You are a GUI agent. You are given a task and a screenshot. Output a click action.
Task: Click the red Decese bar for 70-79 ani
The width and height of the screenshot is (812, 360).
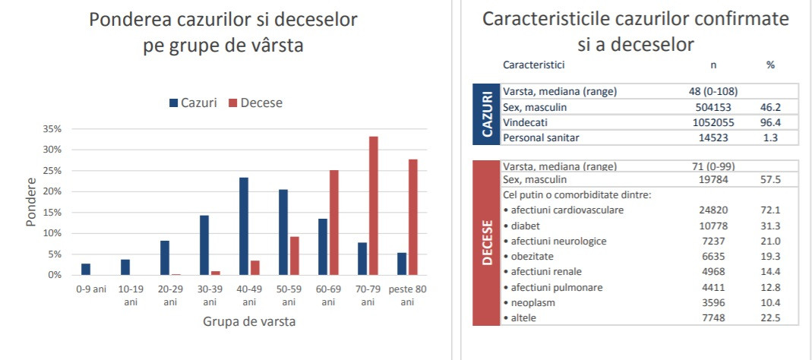pos(373,206)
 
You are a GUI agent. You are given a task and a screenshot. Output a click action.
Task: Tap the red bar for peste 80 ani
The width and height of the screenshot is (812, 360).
pos(412,217)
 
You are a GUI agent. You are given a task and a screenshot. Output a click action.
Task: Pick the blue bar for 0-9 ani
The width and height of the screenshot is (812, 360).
pos(86,269)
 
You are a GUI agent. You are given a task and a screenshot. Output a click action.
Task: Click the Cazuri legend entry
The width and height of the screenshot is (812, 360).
pos(193,103)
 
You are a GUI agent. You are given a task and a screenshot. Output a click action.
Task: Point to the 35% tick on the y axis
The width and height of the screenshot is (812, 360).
pos(51,129)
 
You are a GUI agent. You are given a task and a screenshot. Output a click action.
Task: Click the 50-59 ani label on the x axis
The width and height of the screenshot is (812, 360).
pos(288,295)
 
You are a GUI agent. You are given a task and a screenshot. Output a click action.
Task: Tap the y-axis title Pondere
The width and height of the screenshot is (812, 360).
pos(31,202)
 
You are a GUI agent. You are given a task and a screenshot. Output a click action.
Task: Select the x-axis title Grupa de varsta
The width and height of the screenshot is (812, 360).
pos(249,321)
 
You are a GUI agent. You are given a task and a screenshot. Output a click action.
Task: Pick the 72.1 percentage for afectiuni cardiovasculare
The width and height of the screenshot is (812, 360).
pos(770,210)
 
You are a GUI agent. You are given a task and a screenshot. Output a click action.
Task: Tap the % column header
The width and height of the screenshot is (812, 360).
pos(770,65)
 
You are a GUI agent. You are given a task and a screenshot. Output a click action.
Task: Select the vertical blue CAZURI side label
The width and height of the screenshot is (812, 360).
pos(486,114)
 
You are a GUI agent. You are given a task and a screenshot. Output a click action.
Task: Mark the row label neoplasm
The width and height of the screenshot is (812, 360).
pos(530,302)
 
